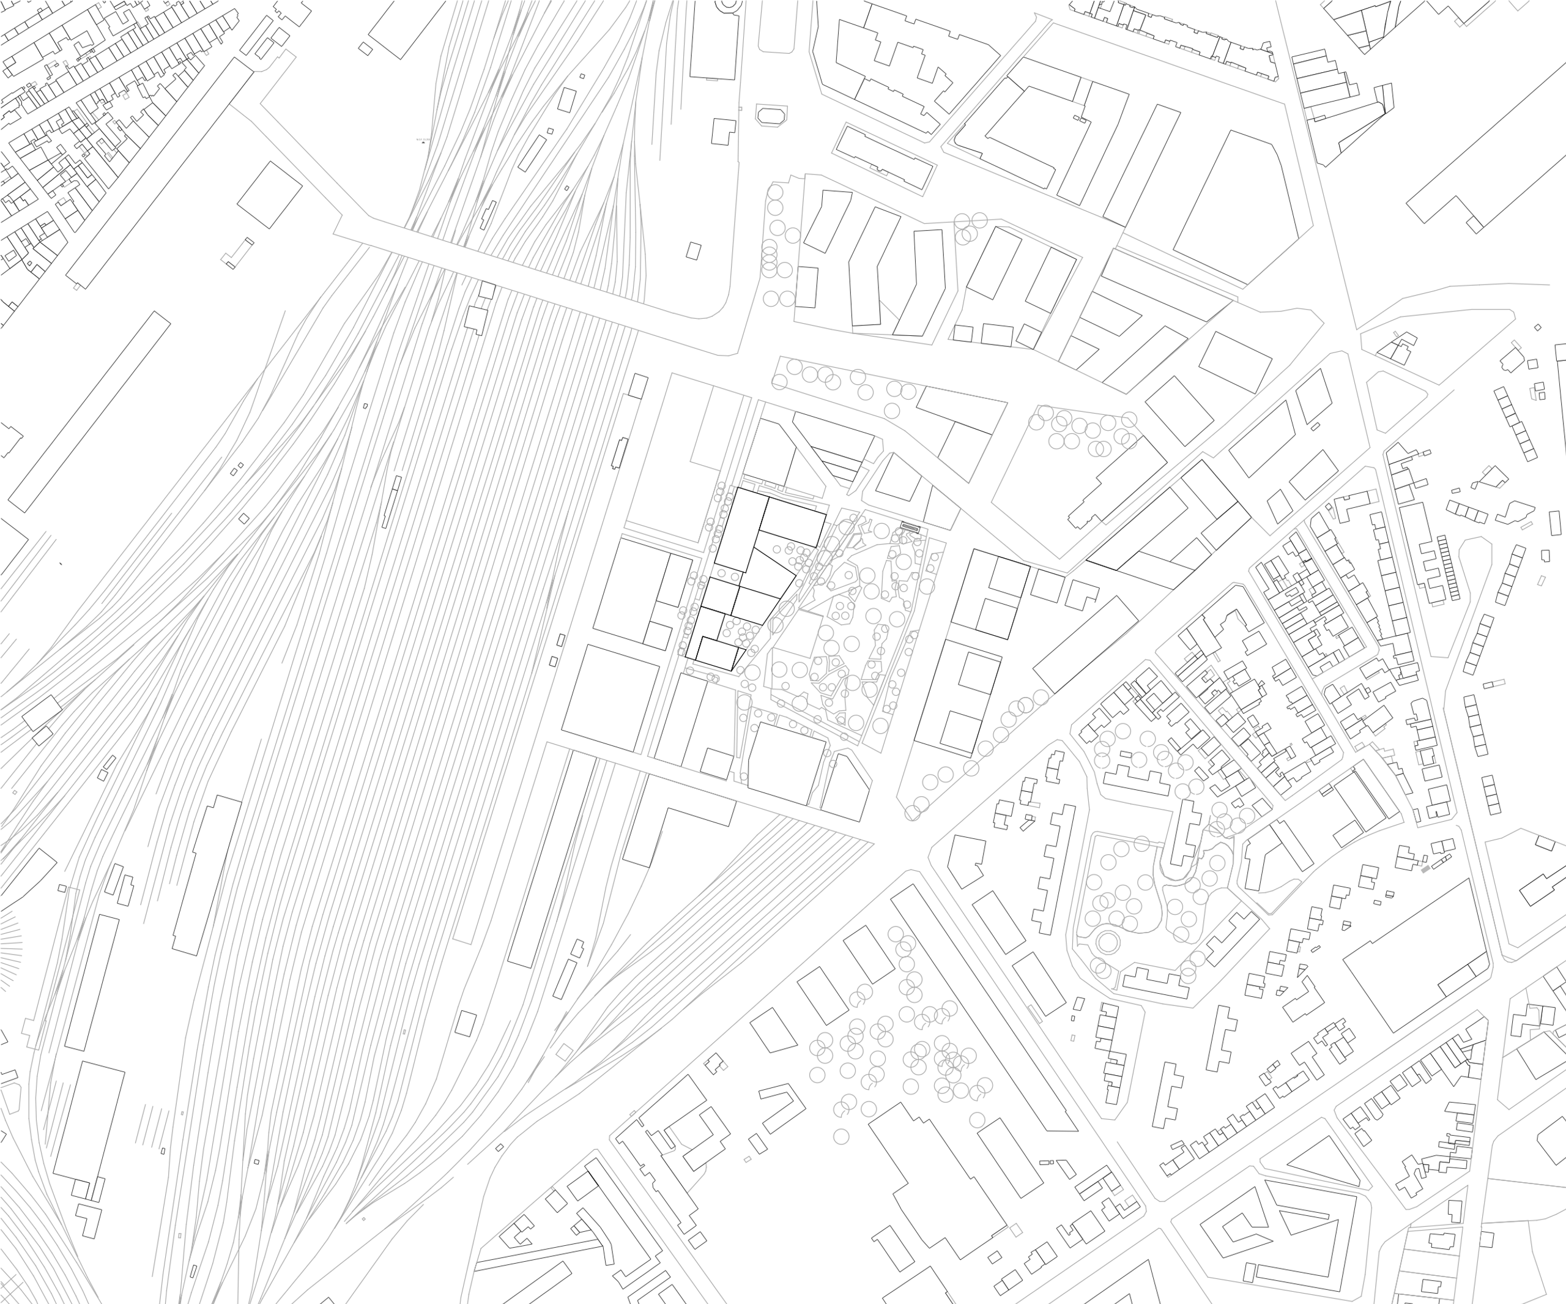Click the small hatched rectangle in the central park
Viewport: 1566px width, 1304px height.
(910, 527)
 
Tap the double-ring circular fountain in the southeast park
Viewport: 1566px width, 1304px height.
(1108, 943)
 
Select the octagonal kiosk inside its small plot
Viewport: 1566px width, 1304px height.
(771, 116)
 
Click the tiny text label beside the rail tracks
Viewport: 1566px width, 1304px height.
(423, 140)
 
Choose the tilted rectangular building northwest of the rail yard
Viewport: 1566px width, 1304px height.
(269, 195)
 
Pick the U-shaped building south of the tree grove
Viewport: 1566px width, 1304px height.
(782, 1106)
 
